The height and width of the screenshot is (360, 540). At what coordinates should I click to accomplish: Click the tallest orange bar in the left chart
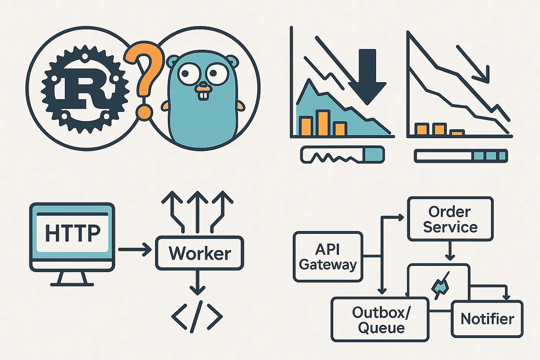click(323, 123)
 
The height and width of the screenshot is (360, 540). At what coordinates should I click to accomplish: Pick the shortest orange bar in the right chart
click(457, 133)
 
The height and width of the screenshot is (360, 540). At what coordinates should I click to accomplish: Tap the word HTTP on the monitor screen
click(73, 233)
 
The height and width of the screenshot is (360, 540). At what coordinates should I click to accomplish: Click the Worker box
click(199, 253)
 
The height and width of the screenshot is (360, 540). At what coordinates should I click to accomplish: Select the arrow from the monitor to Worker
click(134, 250)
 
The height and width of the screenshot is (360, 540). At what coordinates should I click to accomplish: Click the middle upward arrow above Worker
click(197, 210)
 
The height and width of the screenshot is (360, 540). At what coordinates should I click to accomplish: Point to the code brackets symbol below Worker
click(197, 317)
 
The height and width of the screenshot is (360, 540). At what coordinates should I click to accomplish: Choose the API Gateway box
click(328, 257)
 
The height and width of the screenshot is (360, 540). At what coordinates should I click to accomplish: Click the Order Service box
click(450, 219)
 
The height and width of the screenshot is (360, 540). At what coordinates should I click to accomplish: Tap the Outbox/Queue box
click(380, 319)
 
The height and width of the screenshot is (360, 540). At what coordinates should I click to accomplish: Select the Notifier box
click(487, 319)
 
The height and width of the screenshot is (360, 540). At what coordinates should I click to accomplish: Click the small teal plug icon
click(440, 286)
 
